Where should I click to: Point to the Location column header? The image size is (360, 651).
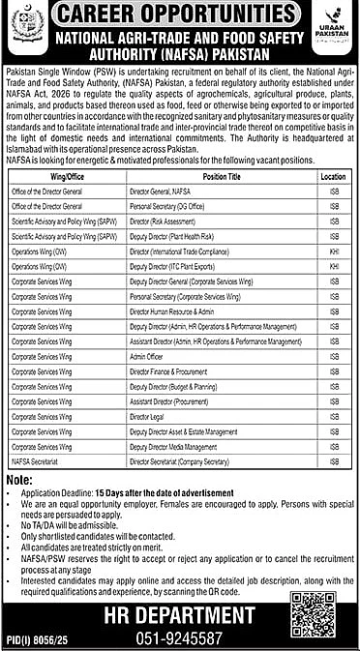(x=333, y=151)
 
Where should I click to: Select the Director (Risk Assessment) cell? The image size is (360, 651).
(x=161, y=193)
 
